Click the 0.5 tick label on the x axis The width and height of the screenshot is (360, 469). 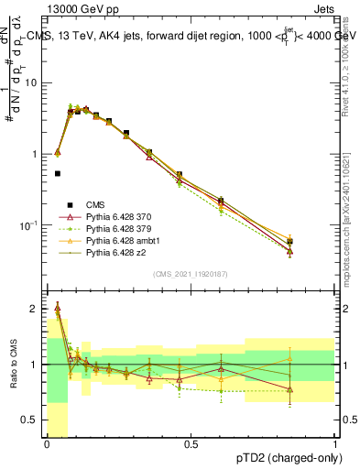(x=191, y=444)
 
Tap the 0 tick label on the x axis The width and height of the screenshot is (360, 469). (x=47, y=444)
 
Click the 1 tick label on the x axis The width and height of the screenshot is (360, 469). (x=335, y=444)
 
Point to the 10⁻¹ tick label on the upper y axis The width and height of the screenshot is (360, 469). (x=30, y=224)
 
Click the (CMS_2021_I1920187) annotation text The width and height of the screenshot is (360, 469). (x=191, y=274)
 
